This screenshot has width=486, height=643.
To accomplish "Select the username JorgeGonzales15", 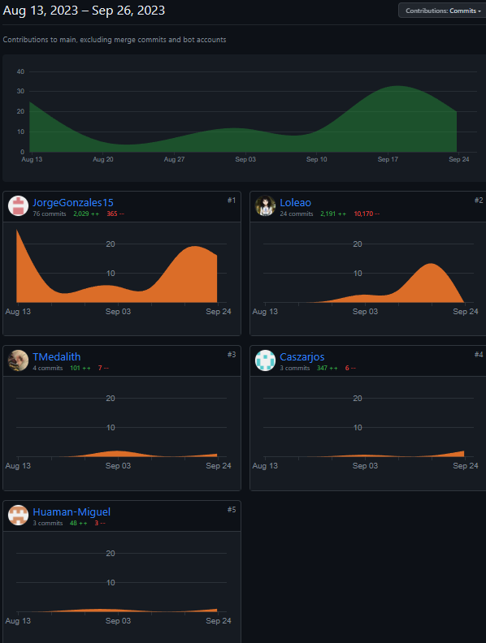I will click(73, 202).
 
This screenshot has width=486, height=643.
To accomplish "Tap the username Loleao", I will click(295, 202).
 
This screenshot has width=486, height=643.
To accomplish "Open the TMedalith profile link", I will click(57, 356).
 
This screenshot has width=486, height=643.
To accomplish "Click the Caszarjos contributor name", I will click(302, 356).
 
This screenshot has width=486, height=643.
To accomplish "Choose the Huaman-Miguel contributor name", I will click(72, 511).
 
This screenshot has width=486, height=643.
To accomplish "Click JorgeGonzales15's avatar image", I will click(18, 206).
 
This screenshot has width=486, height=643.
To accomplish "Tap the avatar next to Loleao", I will click(265, 206).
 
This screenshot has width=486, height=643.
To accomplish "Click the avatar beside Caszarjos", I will click(265, 360).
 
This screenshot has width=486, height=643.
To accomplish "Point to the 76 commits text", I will click(48, 214).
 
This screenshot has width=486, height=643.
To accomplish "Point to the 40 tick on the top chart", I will click(20, 71).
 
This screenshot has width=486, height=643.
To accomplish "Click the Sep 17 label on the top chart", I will click(388, 160).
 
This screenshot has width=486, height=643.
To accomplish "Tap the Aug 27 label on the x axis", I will click(174, 160).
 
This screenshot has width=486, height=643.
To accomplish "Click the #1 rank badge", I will click(232, 200).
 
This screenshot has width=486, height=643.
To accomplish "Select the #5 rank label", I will click(232, 509).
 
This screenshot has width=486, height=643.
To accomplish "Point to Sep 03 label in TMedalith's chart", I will click(118, 466).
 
